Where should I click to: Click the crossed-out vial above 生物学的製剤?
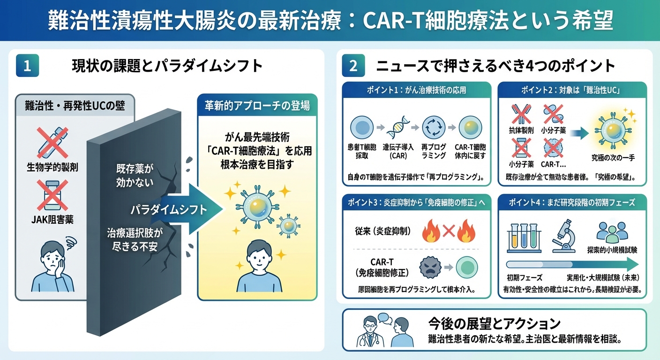tap(51, 142)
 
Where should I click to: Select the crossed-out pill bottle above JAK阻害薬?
tap(51, 196)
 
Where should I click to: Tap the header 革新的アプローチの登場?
tap(257, 105)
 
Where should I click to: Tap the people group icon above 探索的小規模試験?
tap(612, 231)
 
